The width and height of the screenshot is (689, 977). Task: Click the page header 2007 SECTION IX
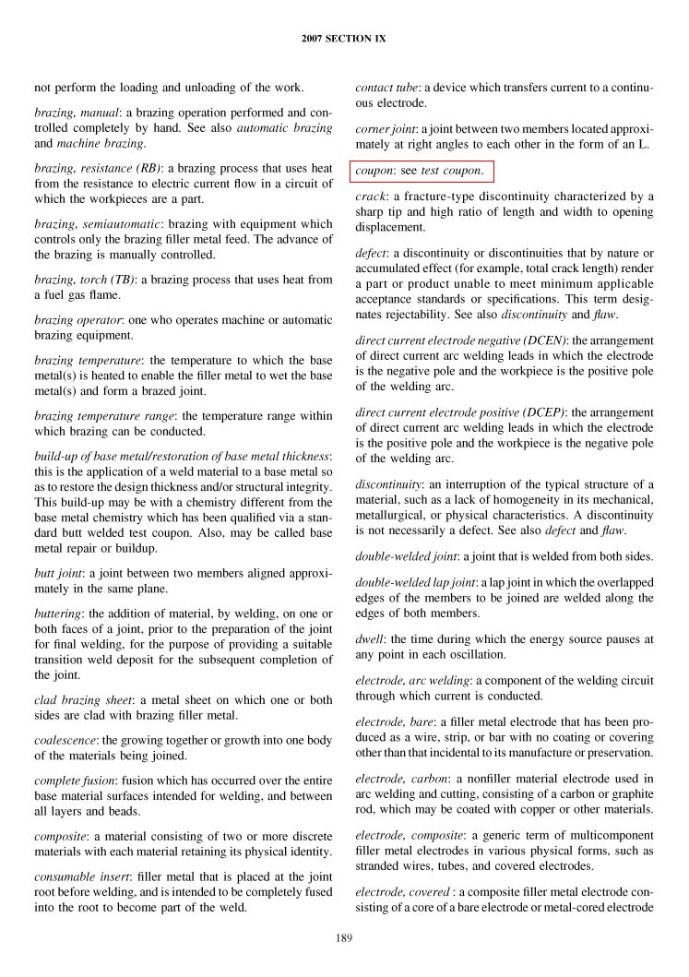point(344,39)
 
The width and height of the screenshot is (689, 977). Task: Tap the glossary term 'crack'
point(369,197)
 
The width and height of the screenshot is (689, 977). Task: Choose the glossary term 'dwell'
point(369,638)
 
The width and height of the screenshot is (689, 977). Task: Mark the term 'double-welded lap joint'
point(414,583)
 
